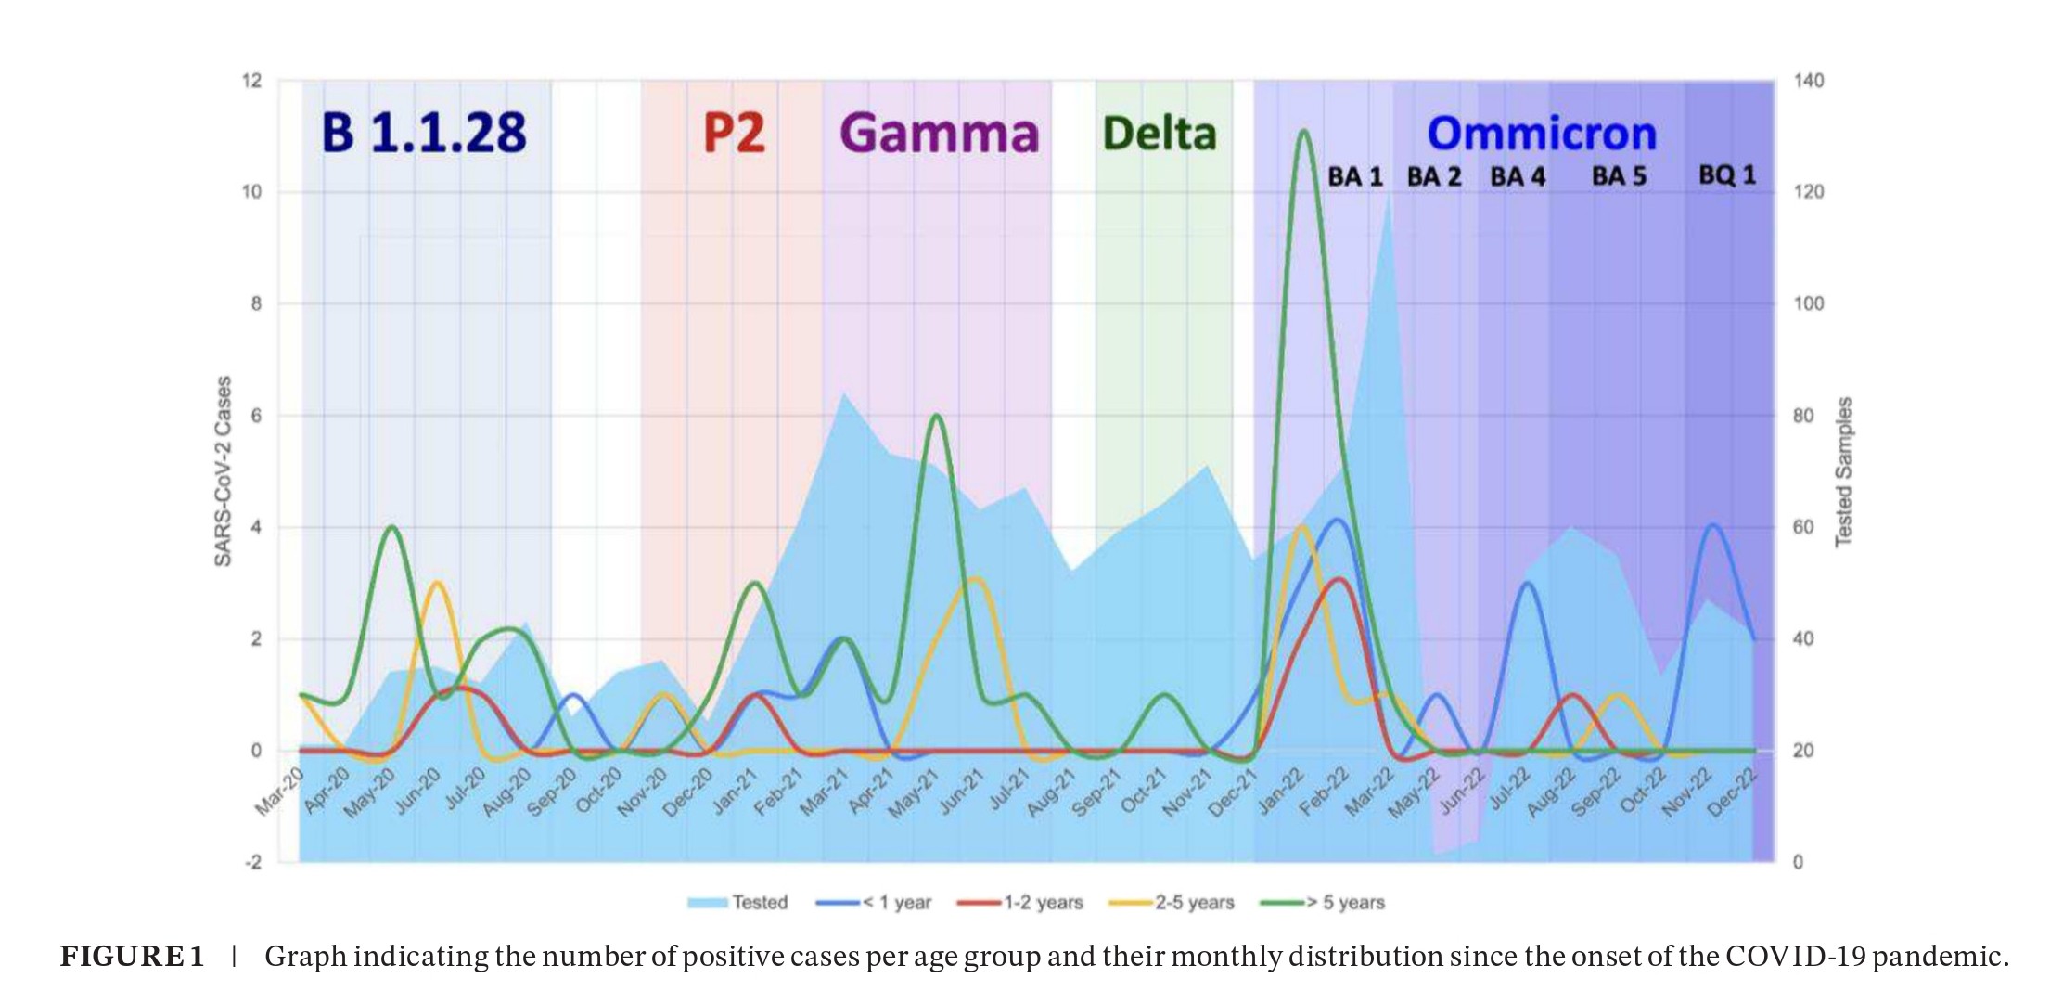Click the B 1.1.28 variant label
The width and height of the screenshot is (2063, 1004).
pyautogui.click(x=423, y=132)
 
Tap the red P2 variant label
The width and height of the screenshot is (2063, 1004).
pyautogui.click(x=734, y=133)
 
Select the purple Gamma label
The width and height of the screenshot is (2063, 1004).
pyautogui.click(x=939, y=133)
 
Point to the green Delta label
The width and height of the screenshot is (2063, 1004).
pyautogui.click(x=1159, y=134)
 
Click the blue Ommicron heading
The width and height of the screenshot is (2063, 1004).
pyautogui.click(x=1541, y=134)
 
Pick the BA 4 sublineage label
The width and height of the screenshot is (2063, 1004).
pyautogui.click(x=1518, y=176)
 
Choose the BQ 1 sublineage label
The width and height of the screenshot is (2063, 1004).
pyautogui.click(x=1726, y=174)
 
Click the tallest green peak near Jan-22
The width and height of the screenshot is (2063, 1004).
pyautogui.click(x=1303, y=132)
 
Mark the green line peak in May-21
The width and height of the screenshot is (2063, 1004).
pyautogui.click(x=937, y=416)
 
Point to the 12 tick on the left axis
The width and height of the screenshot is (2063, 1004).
pyautogui.click(x=252, y=81)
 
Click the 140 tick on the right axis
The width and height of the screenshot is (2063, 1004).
pyautogui.click(x=1808, y=81)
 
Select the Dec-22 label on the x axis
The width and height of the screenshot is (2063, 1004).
pyautogui.click(x=1732, y=792)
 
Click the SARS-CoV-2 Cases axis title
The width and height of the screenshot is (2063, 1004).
pyautogui.click(x=224, y=470)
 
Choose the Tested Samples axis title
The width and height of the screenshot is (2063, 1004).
pyautogui.click(x=1843, y=471)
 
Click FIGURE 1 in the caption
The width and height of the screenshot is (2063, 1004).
pyautogui.click(x=132, y=956)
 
